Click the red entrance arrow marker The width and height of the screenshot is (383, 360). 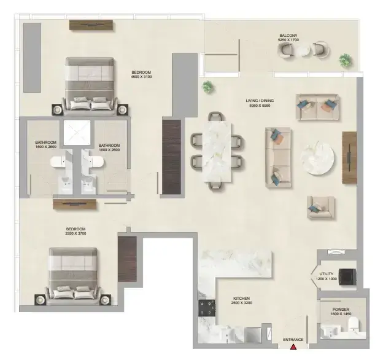tap(293, 346)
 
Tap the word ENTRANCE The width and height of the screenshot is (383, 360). tap(293, 340)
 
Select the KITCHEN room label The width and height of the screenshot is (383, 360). tap(242, 299)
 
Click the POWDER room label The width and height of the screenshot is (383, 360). tap(341, 310)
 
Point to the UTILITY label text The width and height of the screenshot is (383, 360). tap(327, 274)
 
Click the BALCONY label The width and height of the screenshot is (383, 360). tap(288, 36)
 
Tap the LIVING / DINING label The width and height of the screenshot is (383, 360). tap(260, 101)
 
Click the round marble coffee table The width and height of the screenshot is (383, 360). tap(317, 158)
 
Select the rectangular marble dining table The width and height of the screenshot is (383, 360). tap(217, 152)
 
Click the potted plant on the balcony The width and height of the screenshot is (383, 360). tap(346, 60)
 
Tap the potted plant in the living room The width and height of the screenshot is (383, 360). tap(208, 87)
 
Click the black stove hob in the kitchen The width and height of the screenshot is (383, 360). tap(207, 308)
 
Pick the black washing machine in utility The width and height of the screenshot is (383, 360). tap(347, 277)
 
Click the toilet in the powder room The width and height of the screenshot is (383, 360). tap(354, 325)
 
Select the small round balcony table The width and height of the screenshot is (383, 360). tap(303, 51)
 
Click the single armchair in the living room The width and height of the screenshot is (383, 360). tap(320, 207)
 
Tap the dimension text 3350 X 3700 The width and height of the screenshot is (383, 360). tap(75, 233)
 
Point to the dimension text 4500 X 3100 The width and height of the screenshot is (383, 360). tap(141, 77)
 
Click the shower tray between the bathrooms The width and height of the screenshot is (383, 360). tap(77, 132)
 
